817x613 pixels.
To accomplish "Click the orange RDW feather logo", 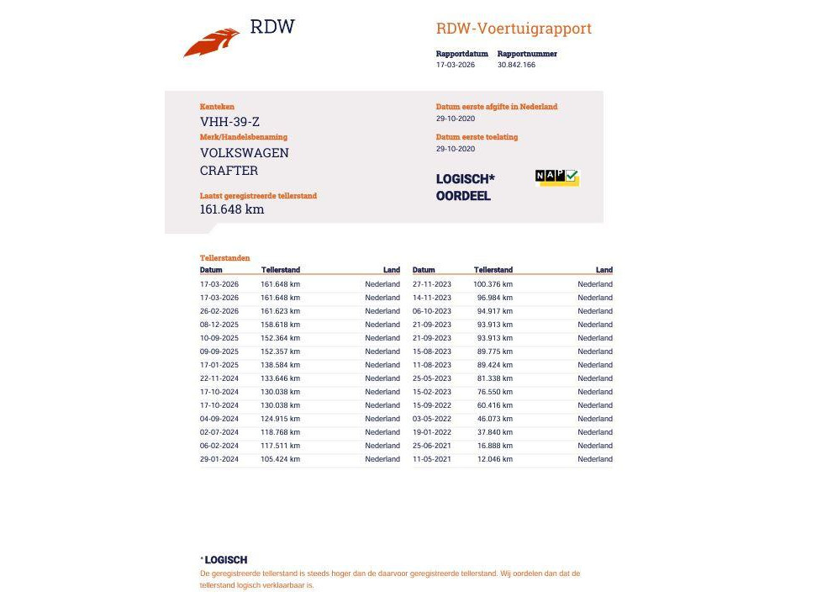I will (211, 42).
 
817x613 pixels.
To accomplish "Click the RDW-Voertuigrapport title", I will (514, 29).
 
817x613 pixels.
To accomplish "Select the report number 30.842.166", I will (516, 65).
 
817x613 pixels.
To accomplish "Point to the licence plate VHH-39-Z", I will (229, 121).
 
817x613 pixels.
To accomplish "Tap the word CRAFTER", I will (229, 171).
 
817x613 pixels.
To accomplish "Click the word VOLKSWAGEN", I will (244, 153).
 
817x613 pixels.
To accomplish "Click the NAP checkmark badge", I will (557, 177).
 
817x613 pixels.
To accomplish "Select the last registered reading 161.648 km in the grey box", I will (232, 209).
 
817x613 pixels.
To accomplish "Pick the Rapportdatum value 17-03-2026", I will (455, 65).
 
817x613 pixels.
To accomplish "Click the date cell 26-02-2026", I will (219, 311).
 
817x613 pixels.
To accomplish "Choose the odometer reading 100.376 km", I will (493, 284).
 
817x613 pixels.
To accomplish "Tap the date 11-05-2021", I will (432, 459).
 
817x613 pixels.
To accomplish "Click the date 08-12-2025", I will (219, 325).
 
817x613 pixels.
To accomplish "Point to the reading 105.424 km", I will (280, 459).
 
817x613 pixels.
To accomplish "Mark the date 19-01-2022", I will (432, 432).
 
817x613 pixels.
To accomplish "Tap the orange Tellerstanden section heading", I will (224, 258).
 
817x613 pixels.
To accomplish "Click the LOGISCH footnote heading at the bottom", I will (225, 560).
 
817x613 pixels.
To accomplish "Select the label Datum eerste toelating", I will (477, 137).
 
